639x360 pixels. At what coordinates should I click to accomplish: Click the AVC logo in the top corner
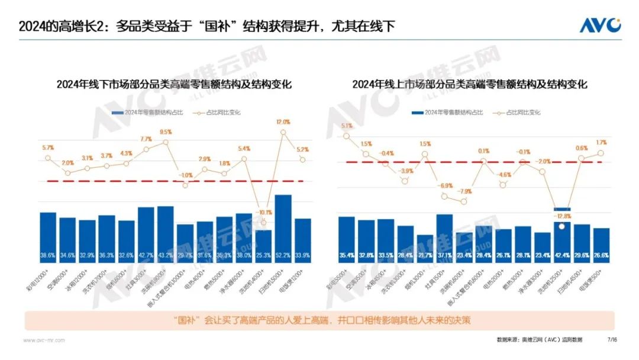coord(599,25)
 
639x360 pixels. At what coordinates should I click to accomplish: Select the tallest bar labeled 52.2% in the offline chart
coord(283,228)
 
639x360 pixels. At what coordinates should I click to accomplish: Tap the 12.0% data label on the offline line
coord(283,122)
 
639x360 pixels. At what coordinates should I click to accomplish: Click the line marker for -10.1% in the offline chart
coord(263,223)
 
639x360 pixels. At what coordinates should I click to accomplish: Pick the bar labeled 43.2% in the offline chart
coord(166,234)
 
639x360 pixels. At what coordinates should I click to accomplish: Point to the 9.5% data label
coord(166,133)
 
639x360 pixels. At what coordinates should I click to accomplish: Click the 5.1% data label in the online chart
coord(347,126)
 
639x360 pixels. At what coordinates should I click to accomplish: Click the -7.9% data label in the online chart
coord(464,191)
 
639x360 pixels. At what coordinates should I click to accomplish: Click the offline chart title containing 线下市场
coord(174,84)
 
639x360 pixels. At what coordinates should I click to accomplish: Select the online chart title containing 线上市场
coord(469,84)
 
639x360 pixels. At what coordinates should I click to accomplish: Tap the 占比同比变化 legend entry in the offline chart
coord(215,112)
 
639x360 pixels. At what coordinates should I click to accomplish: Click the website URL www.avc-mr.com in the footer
coord(44,340)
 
